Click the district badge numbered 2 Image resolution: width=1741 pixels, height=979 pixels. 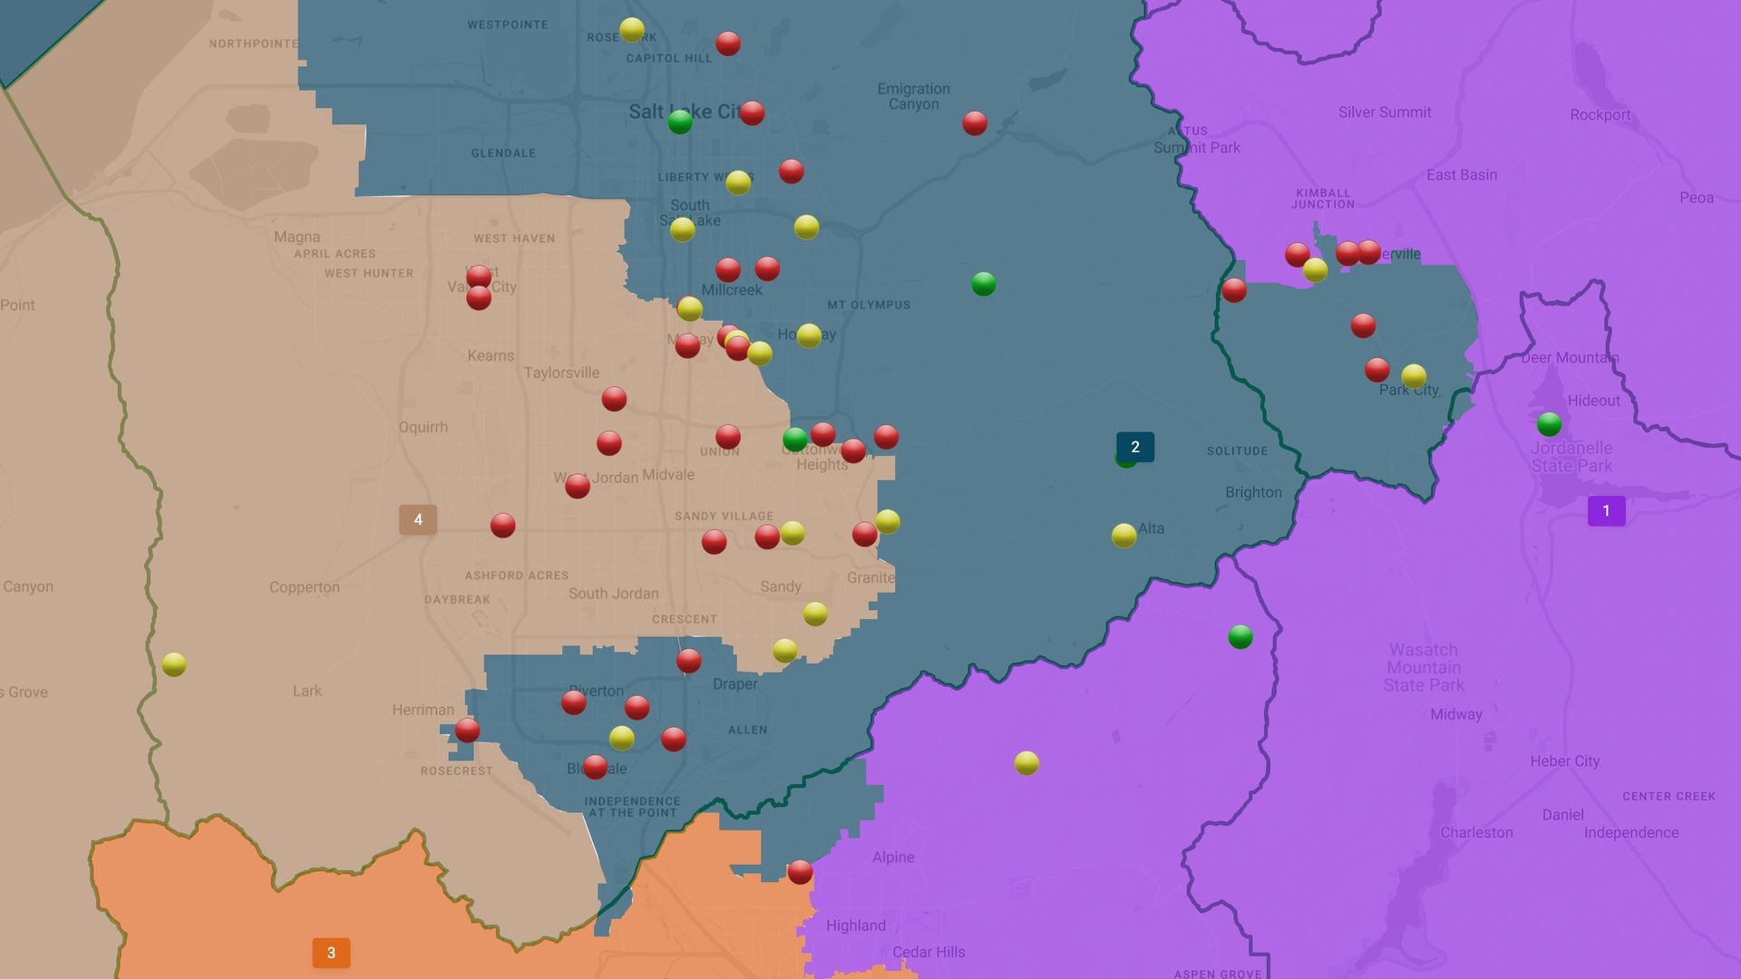click(1134, 447)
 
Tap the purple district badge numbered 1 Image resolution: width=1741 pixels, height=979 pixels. click(1606, 511)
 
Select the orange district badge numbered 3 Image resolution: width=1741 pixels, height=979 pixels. click(331, 953)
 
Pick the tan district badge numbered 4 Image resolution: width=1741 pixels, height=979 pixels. click(418, 519)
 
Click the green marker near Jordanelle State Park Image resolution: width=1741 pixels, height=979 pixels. click(1549, 423)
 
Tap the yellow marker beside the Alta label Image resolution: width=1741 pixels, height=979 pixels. click(1123, 536)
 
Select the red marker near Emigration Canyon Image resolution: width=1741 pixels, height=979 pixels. click(974, 123)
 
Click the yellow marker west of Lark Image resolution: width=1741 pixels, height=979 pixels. click(174, 664)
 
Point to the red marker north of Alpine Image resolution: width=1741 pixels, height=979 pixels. click(800, 872)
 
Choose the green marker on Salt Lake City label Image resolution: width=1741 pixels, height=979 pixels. click(679, 121)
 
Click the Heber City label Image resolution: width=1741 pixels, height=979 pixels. click(1564, 761)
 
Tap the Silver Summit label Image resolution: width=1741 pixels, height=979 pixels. click(1385, 112)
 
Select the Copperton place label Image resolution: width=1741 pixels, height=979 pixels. click(304, 587)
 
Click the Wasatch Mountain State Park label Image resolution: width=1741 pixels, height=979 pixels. click(1424, 667)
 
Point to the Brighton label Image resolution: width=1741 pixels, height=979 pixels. click(1253, 492)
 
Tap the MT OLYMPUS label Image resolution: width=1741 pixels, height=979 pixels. click(868, 305)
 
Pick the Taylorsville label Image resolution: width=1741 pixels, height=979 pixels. click(561, 373)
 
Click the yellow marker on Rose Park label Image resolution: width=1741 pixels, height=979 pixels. click(632, 30)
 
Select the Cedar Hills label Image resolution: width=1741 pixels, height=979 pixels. click(929, 952)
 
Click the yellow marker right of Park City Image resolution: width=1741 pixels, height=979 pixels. click(1414, 375)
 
